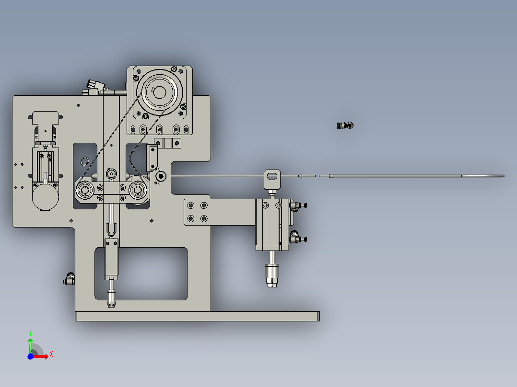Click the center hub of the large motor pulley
pyautogui.click(x=159, y=91)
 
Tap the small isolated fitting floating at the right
pyautogui.click(x=345, y=125)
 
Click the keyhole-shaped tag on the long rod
pyautogui.click(x=271, y=177)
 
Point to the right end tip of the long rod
pyautogui.click(x=503, y=176)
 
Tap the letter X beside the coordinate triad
pyautogui.click(x=51, y=354)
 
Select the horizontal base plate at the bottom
pyautogui.click(x=197, y=316)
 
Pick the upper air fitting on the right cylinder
pyautogui.click(x=297, y=205)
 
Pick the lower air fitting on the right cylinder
pyautogui.click(x=297, y=238)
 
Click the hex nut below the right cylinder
pyautogui.click(x=272, y=277)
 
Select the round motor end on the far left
pyautogui.click(x=45, y=196)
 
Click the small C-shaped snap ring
pyautogui.click(x=85, y=161)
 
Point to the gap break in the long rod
pyautogui.click(x=317, y=176)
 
